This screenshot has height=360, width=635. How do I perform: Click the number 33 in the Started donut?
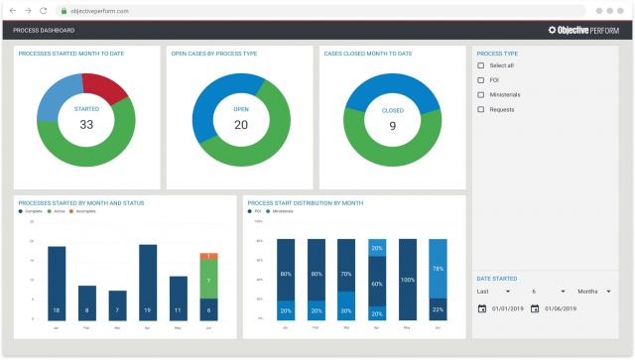(86, 125)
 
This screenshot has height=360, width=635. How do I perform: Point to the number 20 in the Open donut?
(240, 125)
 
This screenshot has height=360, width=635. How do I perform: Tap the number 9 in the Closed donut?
(393, 126)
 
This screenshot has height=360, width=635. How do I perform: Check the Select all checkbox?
(481, 65)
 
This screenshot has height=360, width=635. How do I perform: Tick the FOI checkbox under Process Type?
(481, 80)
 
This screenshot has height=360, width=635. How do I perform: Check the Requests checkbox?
(481, 109)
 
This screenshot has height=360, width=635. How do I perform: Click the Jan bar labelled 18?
(57, 283)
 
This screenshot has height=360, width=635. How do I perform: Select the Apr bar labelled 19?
(148, 282)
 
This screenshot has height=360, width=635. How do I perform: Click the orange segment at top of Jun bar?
(208, 256)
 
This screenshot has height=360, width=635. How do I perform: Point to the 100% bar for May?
(407, 280)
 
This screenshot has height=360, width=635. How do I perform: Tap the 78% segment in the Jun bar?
(438, 269)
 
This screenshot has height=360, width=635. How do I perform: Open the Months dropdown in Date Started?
(594, 292)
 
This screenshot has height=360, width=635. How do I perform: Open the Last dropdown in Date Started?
(493, 292)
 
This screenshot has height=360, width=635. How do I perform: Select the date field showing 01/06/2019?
(561, 308)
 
